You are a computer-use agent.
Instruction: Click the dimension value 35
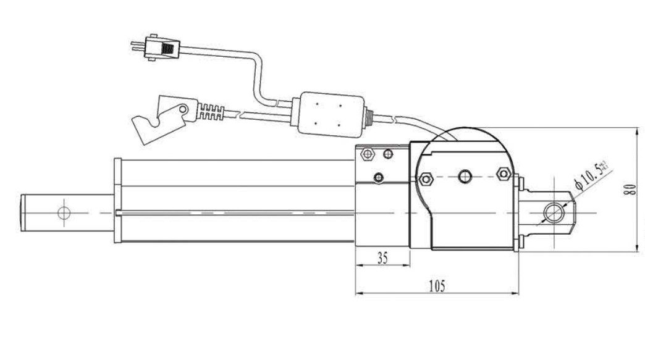(x=382, y=259)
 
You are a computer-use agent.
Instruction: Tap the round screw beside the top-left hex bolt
(x=388, y=153)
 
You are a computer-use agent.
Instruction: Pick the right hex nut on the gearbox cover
(x=503, y=174)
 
